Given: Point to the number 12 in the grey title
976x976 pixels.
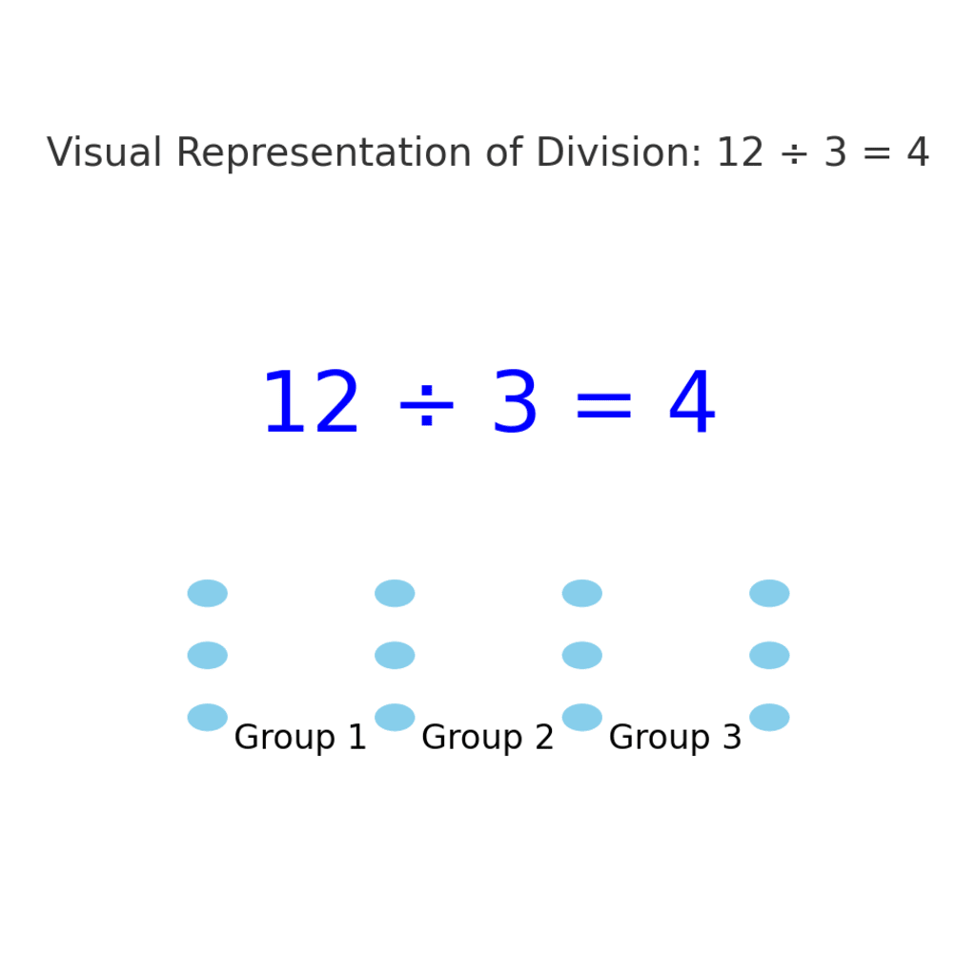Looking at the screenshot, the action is tap(740, 153).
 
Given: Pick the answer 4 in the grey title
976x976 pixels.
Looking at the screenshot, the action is tap(917, 153).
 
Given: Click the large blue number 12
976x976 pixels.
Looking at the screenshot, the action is tap(311, 405).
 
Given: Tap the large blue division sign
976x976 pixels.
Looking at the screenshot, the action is tap(425, 405).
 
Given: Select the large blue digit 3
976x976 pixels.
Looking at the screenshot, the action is tap(515, 405).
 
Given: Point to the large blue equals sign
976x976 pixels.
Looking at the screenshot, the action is tap(602, 405).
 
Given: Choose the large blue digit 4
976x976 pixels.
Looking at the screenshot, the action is tap(691, 405).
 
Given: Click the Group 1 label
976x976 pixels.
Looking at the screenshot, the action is tap(300, 738).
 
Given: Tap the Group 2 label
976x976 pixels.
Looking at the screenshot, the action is tap(488, 738).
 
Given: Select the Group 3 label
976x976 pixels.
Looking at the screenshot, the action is tap(675, 738).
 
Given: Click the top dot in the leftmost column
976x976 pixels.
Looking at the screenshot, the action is tap(208, 593).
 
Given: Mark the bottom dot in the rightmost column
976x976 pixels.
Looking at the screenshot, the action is tap(769, 717).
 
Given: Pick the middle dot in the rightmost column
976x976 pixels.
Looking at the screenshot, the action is tap(769, 655).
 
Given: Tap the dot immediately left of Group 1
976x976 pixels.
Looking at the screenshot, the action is tap(208, 717).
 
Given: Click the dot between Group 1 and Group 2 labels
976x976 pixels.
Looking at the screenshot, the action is tap(395, 717).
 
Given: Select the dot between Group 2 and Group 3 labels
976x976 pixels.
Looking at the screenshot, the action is tap(582, 717).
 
